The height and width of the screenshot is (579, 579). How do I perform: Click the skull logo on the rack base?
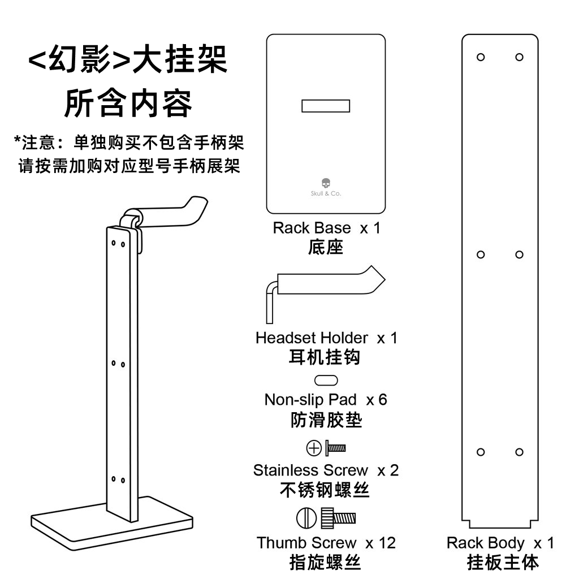325,184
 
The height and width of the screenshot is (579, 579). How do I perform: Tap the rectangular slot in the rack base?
326,106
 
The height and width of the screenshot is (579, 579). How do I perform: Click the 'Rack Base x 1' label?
326,228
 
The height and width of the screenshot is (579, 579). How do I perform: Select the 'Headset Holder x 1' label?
326,338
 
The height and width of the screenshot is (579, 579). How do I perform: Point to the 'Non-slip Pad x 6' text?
326,400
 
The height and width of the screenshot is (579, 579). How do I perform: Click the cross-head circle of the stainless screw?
313,449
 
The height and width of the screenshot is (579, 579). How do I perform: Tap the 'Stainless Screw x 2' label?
326,470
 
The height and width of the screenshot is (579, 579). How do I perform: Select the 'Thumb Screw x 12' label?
326,543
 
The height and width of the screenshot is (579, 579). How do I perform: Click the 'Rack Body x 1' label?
500,543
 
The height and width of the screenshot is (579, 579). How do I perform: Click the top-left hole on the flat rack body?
481,57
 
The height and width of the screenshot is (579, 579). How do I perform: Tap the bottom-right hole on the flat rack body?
519,452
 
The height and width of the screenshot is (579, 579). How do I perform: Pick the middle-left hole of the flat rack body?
481,254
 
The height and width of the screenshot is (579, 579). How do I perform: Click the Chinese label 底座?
326,248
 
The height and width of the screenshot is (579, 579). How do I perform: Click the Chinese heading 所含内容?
128,104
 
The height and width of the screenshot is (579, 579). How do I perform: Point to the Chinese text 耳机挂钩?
325,358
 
